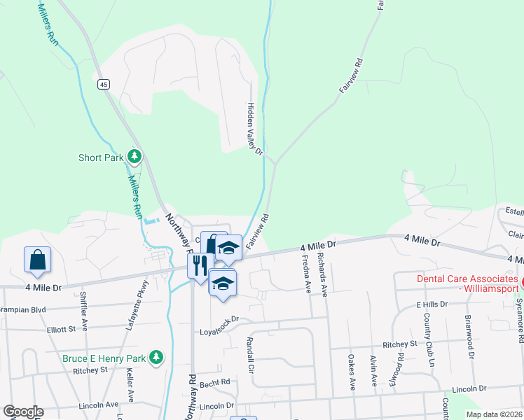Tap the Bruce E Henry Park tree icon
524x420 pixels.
(x=157, y=358)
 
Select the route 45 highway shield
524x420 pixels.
(x=103, y=85)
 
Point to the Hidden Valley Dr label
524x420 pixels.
(x=254, y=129)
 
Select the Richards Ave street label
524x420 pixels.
(x=323, y=274)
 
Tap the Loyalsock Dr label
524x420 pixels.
(x=219, y=319)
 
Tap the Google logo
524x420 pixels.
(x=22, y=412)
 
